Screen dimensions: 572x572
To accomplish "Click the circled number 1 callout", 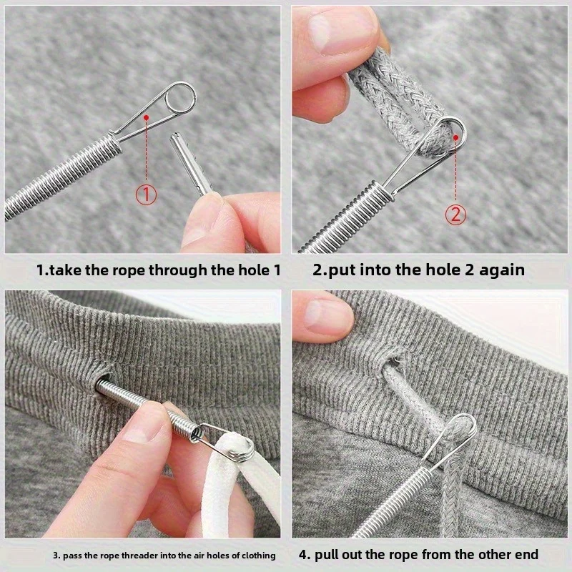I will coord(146,194).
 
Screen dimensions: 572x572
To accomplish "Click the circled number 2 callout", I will coord(456,214).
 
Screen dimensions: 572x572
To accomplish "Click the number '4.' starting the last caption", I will coord(304,555).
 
